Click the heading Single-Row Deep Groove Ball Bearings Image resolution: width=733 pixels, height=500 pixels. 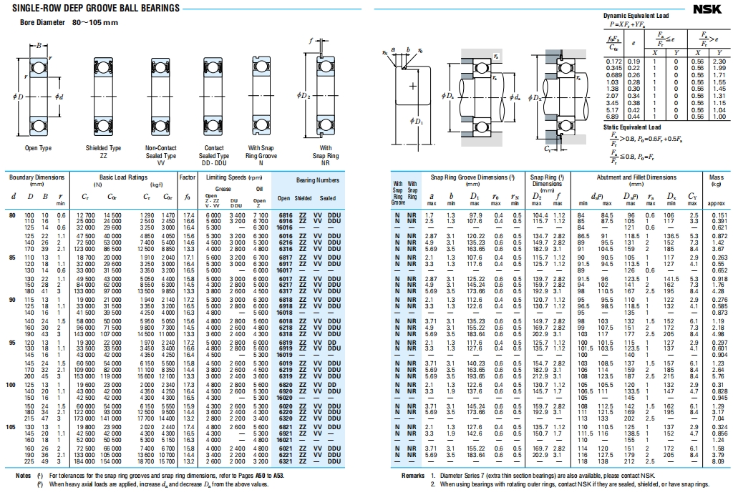[94, 9]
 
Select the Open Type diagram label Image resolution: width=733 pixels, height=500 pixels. [38, 148]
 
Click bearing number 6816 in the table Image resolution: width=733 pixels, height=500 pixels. [284, 215]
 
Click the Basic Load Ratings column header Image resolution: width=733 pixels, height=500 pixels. [124, 177]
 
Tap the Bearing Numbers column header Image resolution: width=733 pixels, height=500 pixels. [318, 180]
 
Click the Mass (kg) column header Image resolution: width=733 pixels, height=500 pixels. [717, 180]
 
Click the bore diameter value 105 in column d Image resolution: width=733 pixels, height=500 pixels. [11, 427]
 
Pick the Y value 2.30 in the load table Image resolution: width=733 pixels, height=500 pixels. [719, 62]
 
